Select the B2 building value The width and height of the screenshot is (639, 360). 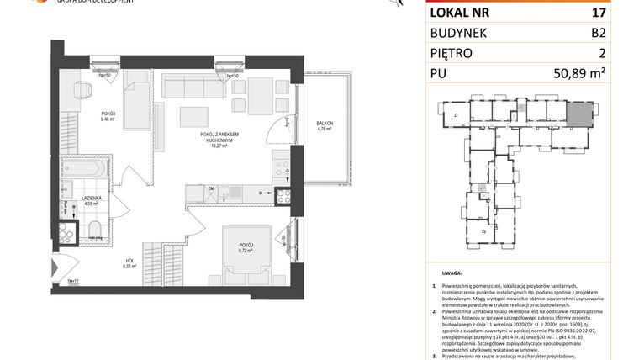(621, 33)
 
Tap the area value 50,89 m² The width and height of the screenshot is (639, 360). (602, 74)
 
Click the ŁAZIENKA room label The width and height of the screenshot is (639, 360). (90, 198)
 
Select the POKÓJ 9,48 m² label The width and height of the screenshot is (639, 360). (107, 117)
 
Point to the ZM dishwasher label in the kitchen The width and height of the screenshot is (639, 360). (214, 190)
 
